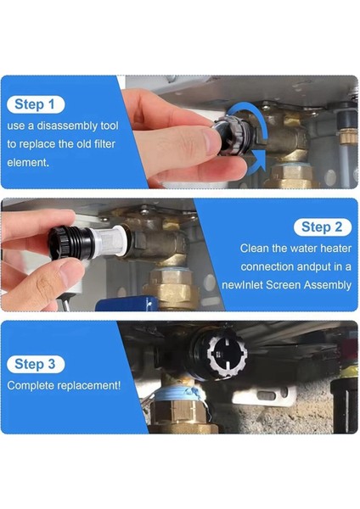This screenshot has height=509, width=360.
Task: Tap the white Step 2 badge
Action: click(322, 227)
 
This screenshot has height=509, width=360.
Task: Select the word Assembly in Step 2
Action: click(327, 285)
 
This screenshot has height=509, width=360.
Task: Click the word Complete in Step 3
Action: click(35, 385)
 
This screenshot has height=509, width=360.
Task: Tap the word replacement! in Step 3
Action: click(93, 385)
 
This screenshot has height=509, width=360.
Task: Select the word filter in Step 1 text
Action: click(101, 143)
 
